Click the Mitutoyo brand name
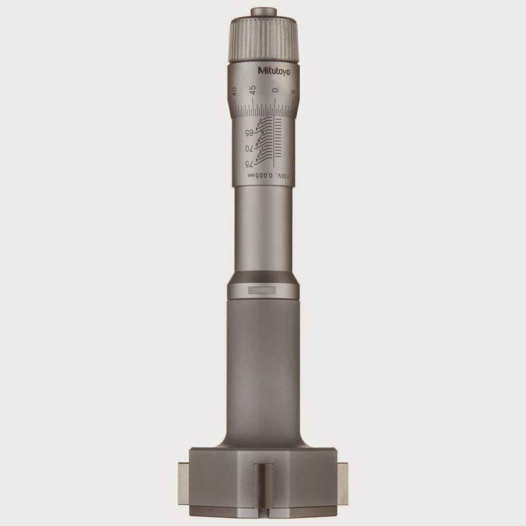(273, 71)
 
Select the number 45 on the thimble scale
(253, 88)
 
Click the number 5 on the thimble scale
(293, 92)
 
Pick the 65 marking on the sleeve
(248, 133)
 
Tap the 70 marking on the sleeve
(248, 148)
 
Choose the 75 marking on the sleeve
(248, 164)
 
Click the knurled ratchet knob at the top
(263, 37)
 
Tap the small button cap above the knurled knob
(263, 12)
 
